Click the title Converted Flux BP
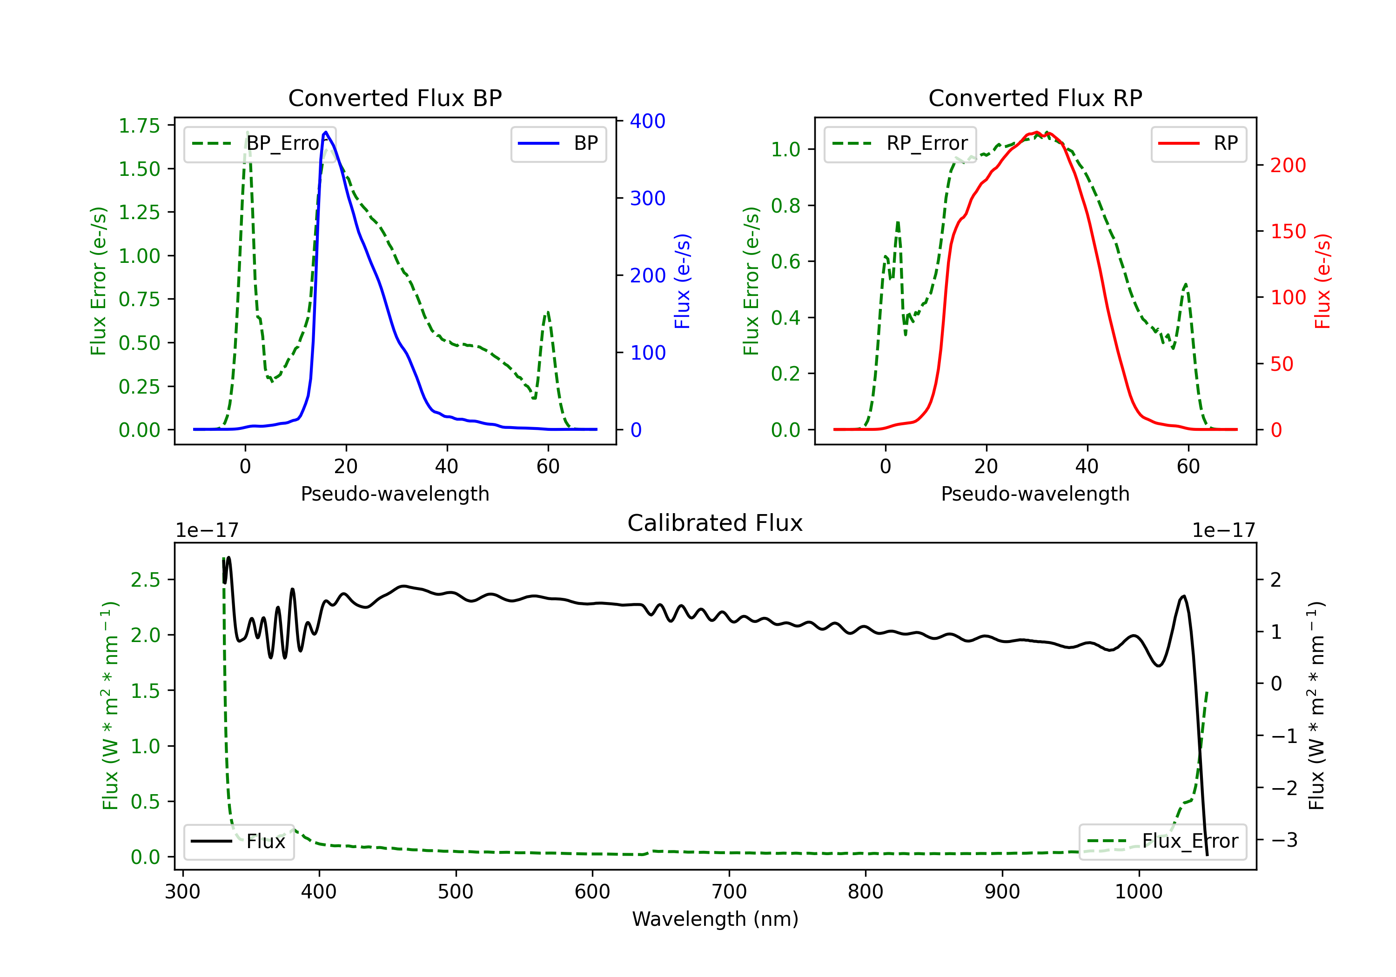[395, 98]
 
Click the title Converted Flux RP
[1035, 98]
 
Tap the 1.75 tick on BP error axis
[139, 126]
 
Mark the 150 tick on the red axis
[1288, 231]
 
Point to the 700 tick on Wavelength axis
[729, 892]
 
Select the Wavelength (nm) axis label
[715, 919]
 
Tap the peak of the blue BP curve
[326, 132]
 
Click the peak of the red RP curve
[1037, 132]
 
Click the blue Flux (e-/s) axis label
[682, 281]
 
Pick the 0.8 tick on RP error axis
[785, 206]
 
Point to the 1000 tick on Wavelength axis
[1138, 892]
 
